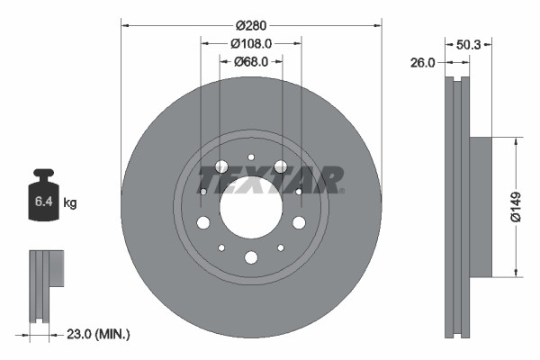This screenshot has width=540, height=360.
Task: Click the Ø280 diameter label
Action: click(251, 25)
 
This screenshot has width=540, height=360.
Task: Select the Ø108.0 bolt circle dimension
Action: click(251, 43)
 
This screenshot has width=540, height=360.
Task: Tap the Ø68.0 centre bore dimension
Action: click(251, 62)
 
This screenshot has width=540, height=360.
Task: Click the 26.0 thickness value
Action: click(422, 63)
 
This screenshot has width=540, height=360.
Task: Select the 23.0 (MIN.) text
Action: click(99, 334)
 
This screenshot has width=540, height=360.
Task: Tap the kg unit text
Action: click(69, 203)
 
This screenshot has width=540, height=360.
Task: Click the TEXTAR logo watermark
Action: click(270, 179)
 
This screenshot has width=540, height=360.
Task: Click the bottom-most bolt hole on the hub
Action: click(251, 257)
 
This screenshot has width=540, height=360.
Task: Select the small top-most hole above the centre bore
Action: click(251, 157)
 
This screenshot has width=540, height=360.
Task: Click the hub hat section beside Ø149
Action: click(481, 207)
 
